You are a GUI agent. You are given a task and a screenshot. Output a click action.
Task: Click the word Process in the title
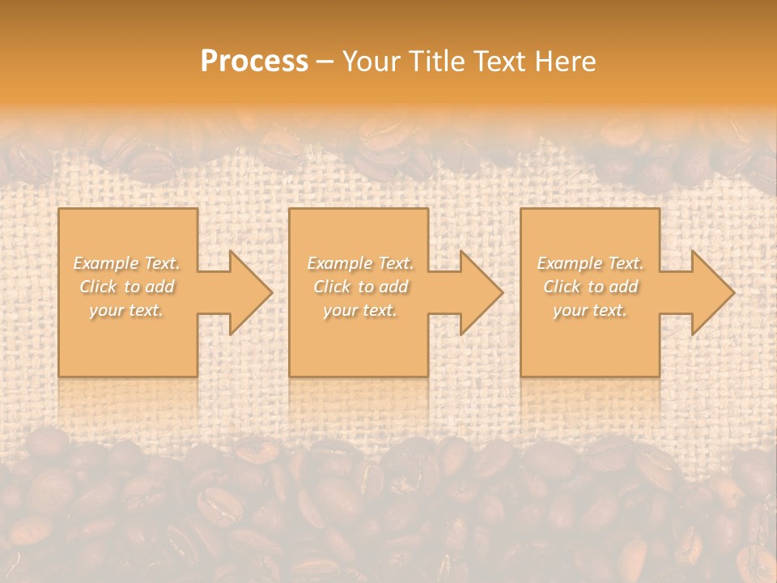[254, 61]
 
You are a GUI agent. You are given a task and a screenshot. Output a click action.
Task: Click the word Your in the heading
[369, 61]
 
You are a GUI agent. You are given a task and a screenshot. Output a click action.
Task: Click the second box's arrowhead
[481, 292]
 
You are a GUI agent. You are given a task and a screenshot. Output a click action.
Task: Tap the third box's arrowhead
[712, 292]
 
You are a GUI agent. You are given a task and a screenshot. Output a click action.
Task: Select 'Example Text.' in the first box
[127, 263]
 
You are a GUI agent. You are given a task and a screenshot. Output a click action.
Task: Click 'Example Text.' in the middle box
[360, 263]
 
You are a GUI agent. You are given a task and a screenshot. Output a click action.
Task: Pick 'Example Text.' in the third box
[590, 263]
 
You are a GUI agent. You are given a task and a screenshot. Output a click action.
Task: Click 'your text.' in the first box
[127, 310]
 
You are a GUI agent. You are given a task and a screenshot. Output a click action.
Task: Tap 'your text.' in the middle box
[360, 310]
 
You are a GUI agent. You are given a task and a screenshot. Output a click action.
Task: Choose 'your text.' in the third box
[590, 310]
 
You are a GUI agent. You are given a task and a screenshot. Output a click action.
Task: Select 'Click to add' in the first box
[127, 287]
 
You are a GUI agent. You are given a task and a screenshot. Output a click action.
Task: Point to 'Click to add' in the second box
[360, 287]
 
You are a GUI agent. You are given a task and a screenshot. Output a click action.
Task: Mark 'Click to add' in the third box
[590, 287]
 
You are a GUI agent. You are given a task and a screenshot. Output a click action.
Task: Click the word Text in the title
[496, 61]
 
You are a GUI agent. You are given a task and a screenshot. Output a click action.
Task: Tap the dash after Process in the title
[325, 62]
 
